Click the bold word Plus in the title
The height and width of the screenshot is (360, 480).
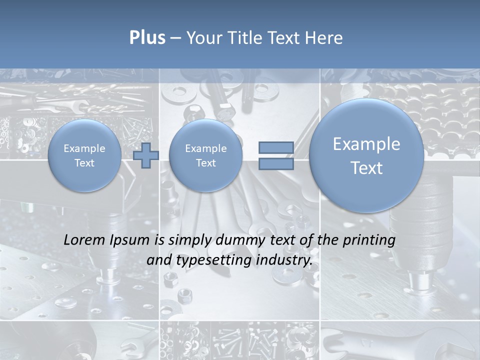[147, 38]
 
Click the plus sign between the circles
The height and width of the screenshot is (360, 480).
[146, 155]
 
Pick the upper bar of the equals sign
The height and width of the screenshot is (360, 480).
[276, 147]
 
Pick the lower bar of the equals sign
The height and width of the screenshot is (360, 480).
[276, 163]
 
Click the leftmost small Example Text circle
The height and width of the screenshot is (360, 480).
[84, 155]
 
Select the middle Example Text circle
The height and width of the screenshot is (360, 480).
[206, 155]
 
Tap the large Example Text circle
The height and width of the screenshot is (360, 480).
[366, 155]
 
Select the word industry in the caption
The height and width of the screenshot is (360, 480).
[285, 260]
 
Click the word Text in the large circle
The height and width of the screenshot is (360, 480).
[366, 168]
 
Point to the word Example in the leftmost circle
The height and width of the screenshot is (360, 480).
[84, 148]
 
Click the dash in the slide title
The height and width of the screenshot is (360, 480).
[175, 38]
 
